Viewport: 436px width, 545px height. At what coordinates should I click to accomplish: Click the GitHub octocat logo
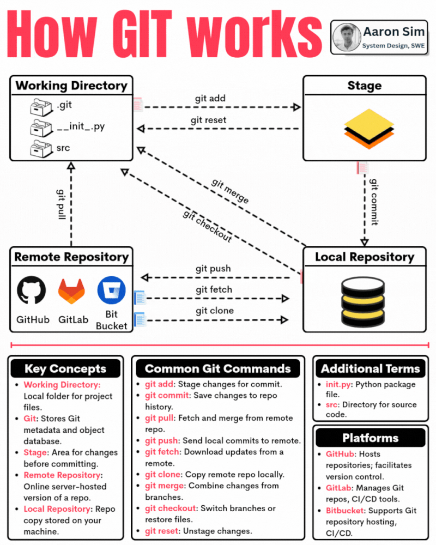click(31, 290)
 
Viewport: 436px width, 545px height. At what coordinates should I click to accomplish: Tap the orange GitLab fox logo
click(71, 291)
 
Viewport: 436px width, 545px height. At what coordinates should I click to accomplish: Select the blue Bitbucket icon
click(111, 290)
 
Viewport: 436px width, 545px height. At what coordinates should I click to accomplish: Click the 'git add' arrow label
click(210, 98)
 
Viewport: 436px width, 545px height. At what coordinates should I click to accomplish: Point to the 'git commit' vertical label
click(374, 202)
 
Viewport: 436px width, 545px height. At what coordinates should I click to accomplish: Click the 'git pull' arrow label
click(61, 204)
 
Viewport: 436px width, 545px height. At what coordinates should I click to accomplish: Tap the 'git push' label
click(213, 269)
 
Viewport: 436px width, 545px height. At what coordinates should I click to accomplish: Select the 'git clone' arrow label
click(215, 311)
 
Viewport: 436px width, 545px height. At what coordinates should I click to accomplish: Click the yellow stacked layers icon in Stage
click(369, 129)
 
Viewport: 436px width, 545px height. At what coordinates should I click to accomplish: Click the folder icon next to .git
click(41, 107)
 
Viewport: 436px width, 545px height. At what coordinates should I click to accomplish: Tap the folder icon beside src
click(41, 149)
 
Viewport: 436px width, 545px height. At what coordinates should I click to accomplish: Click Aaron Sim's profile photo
click(347, 37)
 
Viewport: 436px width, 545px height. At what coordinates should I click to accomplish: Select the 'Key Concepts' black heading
click(65, 368)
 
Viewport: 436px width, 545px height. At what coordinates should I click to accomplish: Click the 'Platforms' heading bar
click(370, 438)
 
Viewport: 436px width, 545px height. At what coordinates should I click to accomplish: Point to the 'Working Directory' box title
click(71, 86)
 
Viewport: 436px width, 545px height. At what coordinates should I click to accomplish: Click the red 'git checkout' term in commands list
click(171, 508)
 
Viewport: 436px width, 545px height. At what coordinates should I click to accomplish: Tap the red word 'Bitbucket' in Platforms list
click(345, 511)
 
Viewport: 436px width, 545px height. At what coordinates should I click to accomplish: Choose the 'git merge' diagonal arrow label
click(230, 191)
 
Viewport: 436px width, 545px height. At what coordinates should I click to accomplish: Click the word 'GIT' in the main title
click(142, 34)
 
